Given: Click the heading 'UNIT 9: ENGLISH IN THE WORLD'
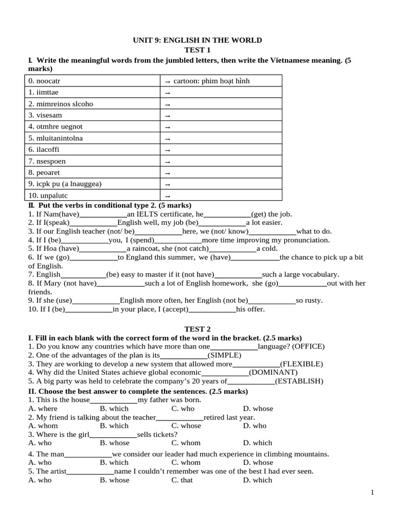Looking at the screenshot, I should click(197, 40).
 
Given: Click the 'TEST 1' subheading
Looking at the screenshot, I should click(197, 50).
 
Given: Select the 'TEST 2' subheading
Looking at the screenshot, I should click(197, 329).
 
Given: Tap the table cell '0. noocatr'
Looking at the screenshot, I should click(48, 81).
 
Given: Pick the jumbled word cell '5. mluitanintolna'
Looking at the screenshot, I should click(56, 138).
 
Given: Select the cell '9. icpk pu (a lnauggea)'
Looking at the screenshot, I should click(65, 184).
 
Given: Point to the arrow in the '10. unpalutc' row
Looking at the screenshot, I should click(167, 196).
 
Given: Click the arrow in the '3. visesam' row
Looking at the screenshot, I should click(167, 116).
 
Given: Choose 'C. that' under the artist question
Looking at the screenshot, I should click(182, 480).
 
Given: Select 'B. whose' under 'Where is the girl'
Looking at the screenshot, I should click(114, 443).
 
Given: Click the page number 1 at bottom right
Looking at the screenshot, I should click(372, 493).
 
